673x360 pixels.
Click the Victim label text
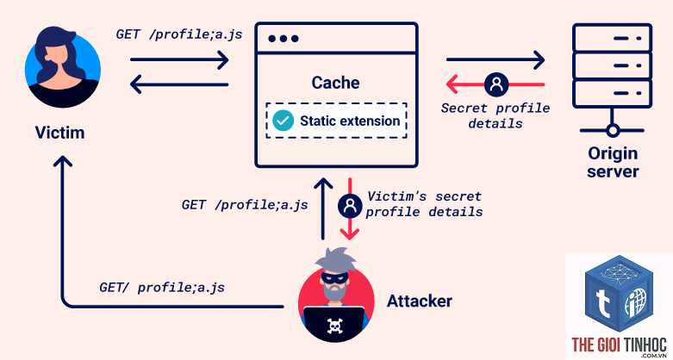tap(59, 133)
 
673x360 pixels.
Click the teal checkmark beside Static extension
tap(284, 121)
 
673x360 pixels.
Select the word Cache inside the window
tap(335, 83)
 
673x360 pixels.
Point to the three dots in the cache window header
tap(284, 39)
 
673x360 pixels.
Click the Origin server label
tap(613, 162)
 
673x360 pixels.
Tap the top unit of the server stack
tap(613, 38)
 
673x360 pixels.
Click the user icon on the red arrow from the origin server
tap(496, 84)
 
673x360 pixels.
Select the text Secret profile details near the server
tap(495, 115)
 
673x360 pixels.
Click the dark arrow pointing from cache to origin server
tap(495, 59)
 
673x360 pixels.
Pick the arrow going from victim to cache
tap(179, 59)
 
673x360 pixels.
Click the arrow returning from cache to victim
tap(179, 84)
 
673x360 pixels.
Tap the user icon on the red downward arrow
tap(350, 206)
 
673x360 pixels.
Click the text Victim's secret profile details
tap(424, 204)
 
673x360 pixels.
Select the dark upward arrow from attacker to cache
tap(323, 208)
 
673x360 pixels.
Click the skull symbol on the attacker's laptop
tap(335, 326)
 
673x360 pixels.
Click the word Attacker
tap(420, 301)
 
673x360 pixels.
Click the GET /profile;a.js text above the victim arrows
tap(179, 34)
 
